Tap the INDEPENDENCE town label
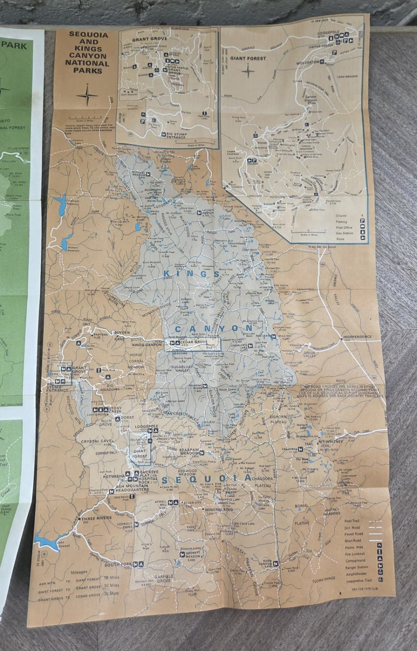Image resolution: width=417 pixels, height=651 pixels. click(357, 337)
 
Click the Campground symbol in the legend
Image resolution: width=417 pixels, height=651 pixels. click(380, 560)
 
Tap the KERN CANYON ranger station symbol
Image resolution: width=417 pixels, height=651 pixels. click(276, 564)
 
